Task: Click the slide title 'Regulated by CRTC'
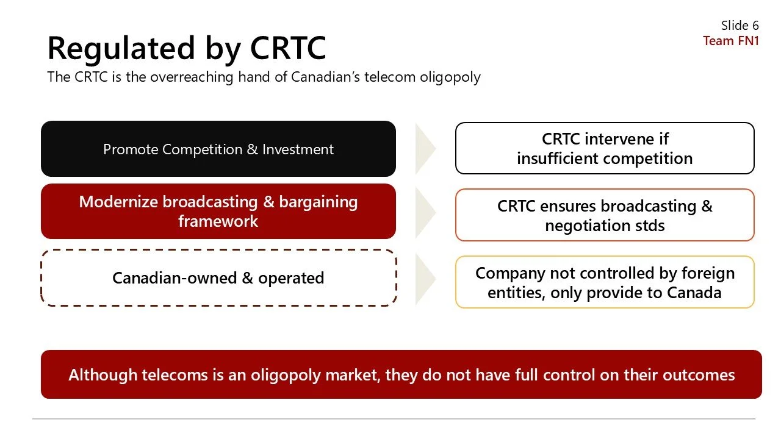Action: tap(187, 48)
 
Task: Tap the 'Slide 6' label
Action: tap(740, 26)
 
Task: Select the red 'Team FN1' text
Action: tap(730, 41)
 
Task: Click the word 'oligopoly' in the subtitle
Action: tap(450, 77)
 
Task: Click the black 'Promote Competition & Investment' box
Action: tap(218, 149)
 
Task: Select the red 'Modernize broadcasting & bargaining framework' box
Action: tap(218, 211)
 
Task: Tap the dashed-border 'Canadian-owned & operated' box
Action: tap(218, 277)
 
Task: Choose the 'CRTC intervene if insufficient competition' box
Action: tap(605, 148)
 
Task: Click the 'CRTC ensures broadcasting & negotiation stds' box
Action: tap(605, 215)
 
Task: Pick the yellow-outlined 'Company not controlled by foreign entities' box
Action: tap(605, 282)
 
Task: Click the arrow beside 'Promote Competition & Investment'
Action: tap(425, 149)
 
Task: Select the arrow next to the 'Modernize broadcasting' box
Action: tap(425, 212)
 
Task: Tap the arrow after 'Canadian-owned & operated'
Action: tap(425, 278)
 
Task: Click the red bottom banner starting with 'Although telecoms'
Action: tap(401, 374)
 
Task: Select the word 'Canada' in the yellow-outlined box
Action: tap(694, 293)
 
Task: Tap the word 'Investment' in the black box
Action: tap(298, 149)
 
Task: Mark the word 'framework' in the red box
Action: tap(218, 221)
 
